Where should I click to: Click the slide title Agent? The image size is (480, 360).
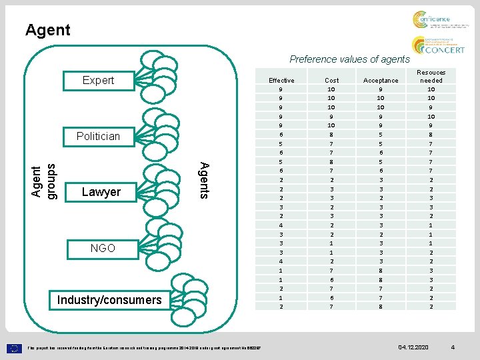click(47, 30)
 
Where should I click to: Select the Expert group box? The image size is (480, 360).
click(98, 80)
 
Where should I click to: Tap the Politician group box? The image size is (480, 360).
click(98, 136)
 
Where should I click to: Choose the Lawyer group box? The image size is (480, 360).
click(101, 192)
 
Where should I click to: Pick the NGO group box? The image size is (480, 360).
click(103, 248)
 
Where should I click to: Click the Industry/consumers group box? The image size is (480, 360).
click(109, 299)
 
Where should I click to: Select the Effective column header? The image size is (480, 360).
click(281, 81)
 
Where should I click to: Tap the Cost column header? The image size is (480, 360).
click(331, 81)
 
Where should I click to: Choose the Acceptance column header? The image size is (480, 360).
click(381, 81)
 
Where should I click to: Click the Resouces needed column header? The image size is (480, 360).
click(431, 76)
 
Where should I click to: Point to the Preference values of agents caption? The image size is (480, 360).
click(349, 59)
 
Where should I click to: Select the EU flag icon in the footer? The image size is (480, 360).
click(15, 347)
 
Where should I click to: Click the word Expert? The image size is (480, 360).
click(98, 80)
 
